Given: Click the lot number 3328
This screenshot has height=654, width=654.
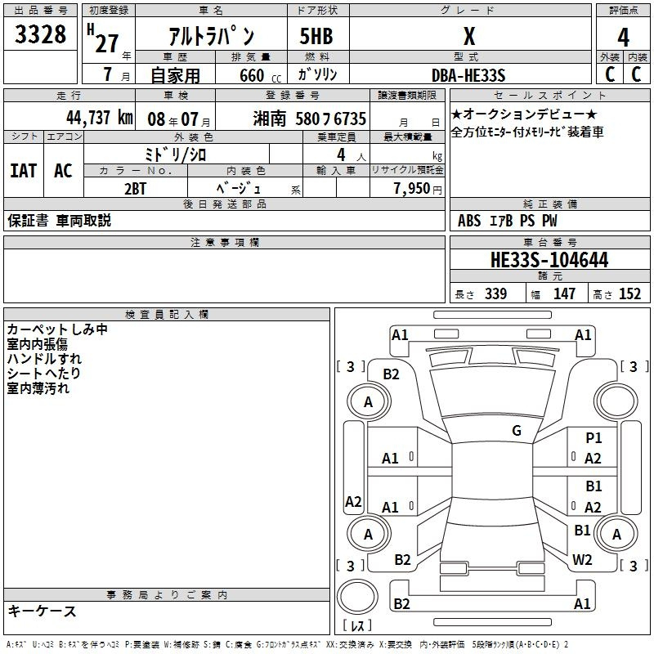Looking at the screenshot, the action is (x=40, y=34).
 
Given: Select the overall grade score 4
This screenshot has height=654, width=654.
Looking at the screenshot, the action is (x=623, y=38).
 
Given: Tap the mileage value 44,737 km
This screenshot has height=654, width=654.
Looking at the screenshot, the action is (x=100, y=118).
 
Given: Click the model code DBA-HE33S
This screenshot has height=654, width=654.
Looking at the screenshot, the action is (x=468, y=75).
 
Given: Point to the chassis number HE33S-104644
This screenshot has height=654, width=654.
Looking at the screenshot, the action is (x=549, y=260).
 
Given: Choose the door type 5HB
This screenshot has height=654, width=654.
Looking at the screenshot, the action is (x=316, y=36).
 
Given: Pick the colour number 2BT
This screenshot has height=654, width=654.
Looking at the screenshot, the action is (x=135, y=189).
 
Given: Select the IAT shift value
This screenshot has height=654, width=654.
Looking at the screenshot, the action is (x=24, y=171).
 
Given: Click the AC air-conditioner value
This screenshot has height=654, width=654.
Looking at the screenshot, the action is (x=63, y=171).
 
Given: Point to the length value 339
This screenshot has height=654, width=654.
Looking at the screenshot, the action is (x=496, y=293).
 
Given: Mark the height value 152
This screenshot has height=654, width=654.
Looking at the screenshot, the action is (x=629, y=293).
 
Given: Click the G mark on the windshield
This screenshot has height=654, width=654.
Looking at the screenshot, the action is (x=517, y=431).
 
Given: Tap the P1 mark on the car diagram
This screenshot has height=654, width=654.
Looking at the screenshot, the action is (x=594, y=437).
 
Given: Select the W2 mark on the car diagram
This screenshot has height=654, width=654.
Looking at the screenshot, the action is (x=582, y=559).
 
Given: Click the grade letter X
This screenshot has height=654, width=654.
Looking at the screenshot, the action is (x=469, y=36).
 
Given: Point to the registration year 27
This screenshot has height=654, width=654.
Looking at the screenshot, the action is (x=107, y=43).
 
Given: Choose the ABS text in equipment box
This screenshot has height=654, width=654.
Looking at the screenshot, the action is (x=468, y=221).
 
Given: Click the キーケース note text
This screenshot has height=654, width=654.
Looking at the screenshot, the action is (x=42, y=611).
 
